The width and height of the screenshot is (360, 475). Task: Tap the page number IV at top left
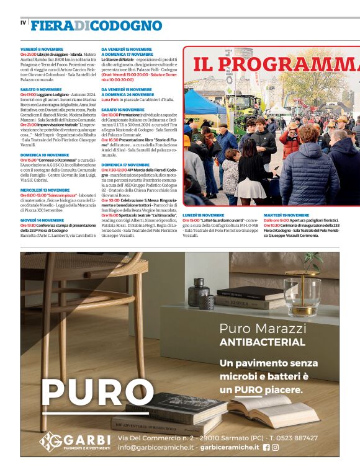(24, 23)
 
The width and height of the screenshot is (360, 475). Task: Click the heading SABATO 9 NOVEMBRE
(41, 89)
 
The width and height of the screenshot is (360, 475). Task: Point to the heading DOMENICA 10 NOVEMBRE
(45, 155)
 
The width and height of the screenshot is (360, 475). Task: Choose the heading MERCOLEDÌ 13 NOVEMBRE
(45, 190)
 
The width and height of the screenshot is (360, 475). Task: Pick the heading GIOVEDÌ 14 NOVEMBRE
(42, 220)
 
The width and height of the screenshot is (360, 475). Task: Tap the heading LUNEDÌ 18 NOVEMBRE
(203, 215)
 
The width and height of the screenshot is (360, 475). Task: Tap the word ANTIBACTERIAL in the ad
(263, 342)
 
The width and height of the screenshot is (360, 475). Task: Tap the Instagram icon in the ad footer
(276, 447)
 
